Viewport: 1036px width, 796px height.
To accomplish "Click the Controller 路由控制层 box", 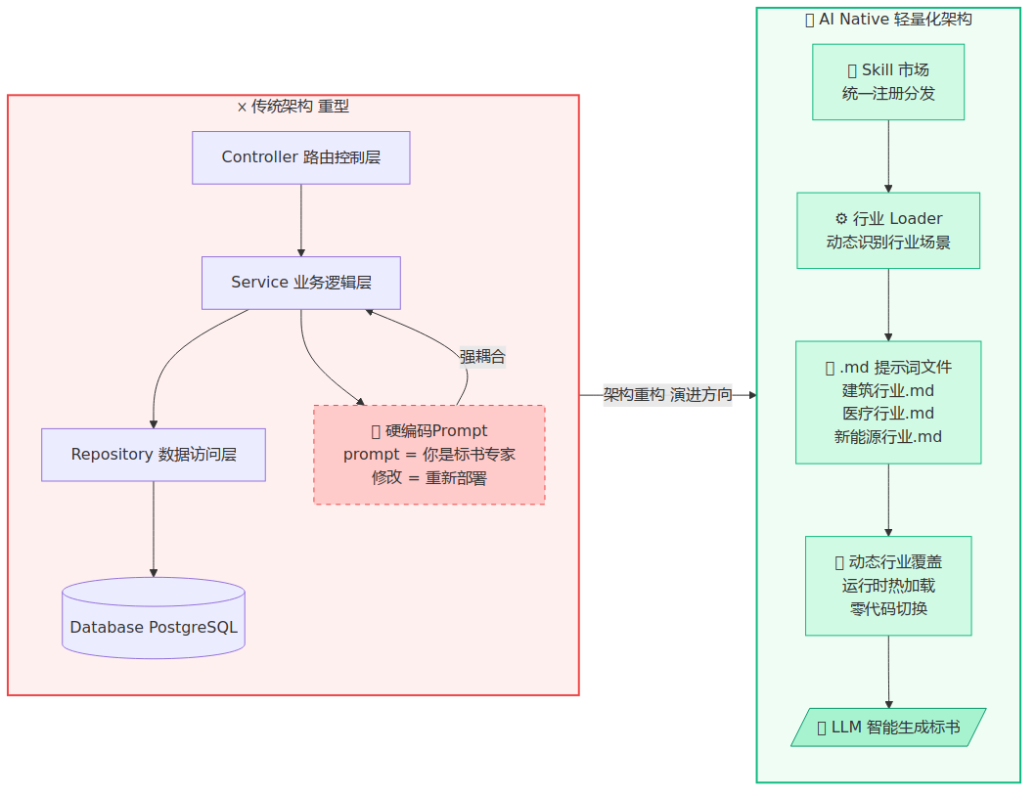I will [x=300, y=157].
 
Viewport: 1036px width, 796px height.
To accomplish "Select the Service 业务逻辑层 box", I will [x=300, y=283].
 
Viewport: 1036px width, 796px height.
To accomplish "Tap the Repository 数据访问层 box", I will [x=154, y=455].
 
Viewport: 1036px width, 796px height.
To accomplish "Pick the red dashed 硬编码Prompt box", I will [x=428, y=455].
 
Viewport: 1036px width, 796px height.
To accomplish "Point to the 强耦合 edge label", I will [x=482, y=357].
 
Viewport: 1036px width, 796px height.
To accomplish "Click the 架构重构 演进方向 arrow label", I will [x=667, y=395].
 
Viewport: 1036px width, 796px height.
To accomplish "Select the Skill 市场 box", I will [x=888, y=82].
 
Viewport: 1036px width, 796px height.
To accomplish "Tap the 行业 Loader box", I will [x=888, y=231].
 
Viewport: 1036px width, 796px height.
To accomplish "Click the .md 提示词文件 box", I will [x=888, y=402].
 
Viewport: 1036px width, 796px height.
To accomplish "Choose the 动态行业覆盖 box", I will [x=888, y=586].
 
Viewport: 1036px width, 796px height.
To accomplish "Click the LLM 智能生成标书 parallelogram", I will [x=888, y=728].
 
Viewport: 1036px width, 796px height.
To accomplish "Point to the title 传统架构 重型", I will [x=293, y=107].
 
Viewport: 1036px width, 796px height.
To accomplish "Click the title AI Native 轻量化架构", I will [x=888, y=20].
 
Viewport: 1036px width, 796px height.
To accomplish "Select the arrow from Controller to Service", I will [x=300, y=220].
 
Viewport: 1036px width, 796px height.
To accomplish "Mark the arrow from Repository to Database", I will [x=154, y=529].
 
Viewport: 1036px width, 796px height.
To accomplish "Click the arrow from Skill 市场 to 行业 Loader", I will [x=888, y=156].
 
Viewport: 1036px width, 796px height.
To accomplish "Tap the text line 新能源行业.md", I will [x=888, y=437].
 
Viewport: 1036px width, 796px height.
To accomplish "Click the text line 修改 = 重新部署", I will [x=428, y=478].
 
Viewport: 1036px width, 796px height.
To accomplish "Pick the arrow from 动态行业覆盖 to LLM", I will [x=888, y=672].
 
